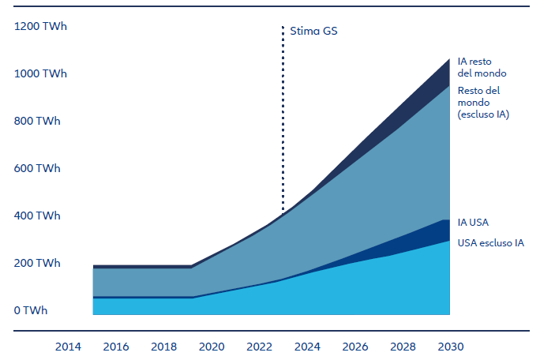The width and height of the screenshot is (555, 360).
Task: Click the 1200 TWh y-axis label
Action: click(40, 27)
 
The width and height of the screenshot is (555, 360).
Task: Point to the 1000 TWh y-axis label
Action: click(40, 74)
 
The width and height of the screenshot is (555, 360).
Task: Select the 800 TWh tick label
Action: click(37, 122)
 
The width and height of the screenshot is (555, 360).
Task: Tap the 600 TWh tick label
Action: click(37, 169)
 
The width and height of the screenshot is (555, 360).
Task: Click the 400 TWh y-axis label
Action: click(37, 216)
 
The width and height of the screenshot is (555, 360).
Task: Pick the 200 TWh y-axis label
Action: click(37, 264)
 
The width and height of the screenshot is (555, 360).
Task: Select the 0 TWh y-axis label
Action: click(31, 311)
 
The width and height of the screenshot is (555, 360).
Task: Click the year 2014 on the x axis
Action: click(69, 347)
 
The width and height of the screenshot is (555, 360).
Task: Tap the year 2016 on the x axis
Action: click(116, 347)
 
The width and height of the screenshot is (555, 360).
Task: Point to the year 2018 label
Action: click(164, 347)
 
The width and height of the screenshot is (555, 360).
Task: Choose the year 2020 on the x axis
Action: click(212, 347)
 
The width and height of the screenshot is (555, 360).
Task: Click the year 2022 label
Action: click(260, 347)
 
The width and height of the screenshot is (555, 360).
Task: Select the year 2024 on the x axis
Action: click(307, 347)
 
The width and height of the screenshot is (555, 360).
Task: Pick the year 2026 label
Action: click(355, 347)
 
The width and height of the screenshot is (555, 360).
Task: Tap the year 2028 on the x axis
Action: click(403, 347)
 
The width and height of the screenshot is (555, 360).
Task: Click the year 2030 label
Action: click(450, 347)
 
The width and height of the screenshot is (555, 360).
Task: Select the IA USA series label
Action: click(474, 223)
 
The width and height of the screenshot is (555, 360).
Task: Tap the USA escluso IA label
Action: click(491, 243)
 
